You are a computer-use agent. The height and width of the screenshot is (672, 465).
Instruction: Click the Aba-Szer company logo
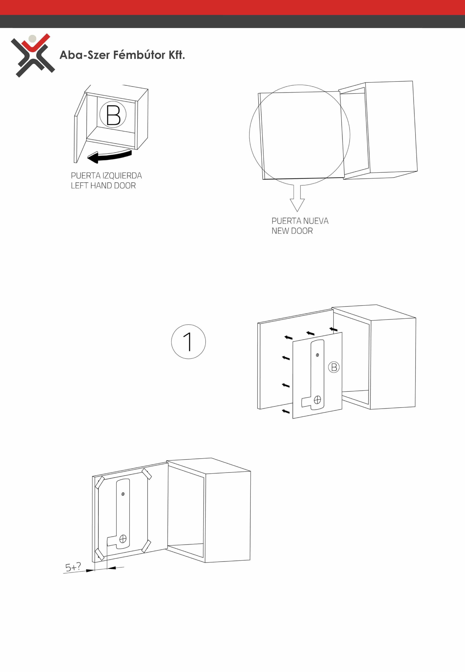(33, 55)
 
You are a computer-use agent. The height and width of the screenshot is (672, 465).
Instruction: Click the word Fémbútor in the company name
(139, 55)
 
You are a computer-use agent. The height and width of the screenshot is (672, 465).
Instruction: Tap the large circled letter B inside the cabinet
(113, 115)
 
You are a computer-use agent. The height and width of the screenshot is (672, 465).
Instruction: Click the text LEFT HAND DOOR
(103, 186)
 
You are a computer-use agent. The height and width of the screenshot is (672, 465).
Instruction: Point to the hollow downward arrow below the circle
(297, 198)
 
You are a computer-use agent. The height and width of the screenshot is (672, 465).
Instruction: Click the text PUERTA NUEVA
(300, 221)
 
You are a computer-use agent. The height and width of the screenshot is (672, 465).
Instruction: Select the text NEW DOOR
(292, 231)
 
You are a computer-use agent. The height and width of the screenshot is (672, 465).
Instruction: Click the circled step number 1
(188, 342)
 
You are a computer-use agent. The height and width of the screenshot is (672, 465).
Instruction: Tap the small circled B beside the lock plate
(334, 367)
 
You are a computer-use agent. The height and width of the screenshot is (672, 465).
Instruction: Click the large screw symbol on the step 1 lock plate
(317, 400)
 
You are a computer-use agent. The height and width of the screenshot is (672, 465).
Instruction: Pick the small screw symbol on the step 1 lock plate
(317, 355)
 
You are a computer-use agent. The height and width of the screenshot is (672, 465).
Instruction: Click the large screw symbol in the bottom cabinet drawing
(123, 539)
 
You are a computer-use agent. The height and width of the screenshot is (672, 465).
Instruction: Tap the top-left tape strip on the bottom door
(100, 482)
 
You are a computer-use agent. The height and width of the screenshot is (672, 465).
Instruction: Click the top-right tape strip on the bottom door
(147, 474)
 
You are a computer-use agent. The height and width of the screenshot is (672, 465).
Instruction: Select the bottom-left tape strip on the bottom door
(100, 554)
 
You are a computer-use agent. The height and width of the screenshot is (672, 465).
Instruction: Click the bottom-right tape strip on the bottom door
(146, 546)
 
